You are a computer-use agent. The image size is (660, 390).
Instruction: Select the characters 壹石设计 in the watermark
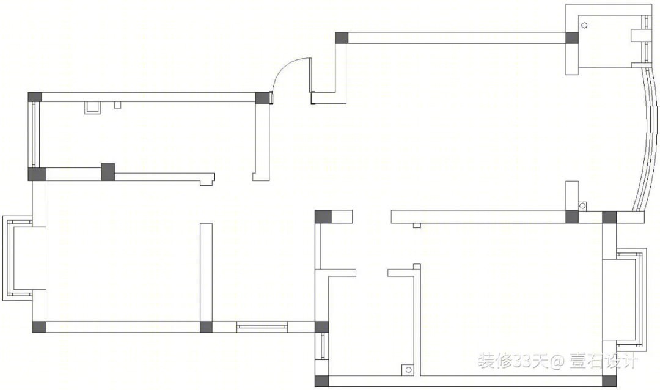[x=604, y=361]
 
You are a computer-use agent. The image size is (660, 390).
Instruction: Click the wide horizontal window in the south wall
[x=262, y=326]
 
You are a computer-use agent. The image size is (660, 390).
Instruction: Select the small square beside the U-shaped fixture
[x=117, y=105]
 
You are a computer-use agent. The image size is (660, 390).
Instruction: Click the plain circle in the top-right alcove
[x=584, y=25]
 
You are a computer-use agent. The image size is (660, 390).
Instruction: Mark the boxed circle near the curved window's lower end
[x=582, y=205]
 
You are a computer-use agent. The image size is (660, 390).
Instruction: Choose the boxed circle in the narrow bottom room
[x=408, y=369]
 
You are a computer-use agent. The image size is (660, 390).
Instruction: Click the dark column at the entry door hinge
[x=262, y=98]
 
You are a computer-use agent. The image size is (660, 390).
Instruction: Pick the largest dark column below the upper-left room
[x=108, y=172]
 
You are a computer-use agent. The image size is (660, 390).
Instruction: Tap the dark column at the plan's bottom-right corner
[x=609, y=381]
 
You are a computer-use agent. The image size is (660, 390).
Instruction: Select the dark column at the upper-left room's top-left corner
[x=35, y=97]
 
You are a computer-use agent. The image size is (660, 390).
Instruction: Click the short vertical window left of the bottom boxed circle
[x=323, y=346]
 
